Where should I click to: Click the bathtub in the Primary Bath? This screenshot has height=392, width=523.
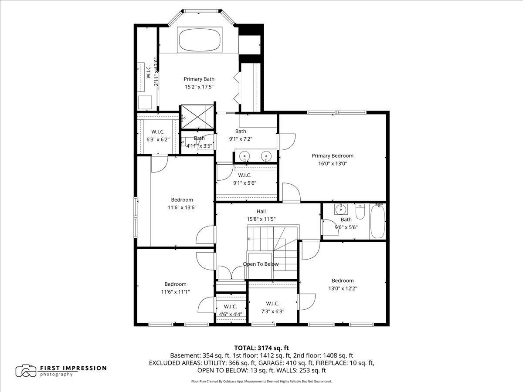coord(199,40)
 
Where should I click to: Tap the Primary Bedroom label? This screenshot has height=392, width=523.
coord(332,155)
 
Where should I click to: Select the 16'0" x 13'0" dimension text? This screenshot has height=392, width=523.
coord(332,164)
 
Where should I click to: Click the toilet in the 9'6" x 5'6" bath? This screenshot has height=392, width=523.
coord(360,212)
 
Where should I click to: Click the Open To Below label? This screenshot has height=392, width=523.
coord(261,264)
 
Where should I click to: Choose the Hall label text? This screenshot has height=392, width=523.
coord(261,211)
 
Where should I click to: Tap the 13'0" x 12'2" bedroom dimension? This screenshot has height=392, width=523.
coord(343,288)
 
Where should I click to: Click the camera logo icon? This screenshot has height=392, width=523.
coord(26,371)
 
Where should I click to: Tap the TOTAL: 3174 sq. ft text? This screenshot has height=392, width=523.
coord(261,348)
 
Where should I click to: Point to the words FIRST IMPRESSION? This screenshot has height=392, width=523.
coord(73,368)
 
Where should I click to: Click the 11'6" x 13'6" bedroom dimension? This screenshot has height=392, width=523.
coord(182,208)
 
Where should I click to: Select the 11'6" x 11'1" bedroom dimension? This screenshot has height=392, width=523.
coord(175,292)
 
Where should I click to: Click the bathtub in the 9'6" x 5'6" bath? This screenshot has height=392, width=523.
coord(377,221)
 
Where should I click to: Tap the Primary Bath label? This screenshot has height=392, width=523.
coord(199,79)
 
